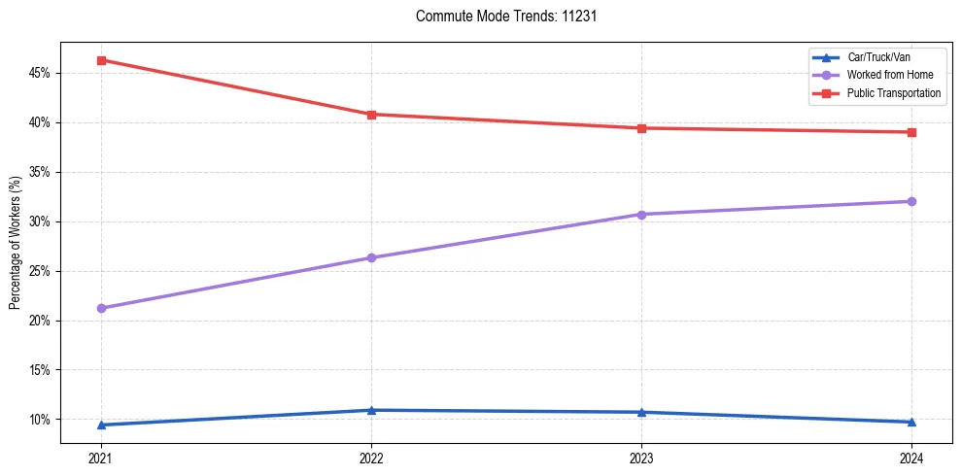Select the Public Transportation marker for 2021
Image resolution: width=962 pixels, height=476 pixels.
pos(101,60)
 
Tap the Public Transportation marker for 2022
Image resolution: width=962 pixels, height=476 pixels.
pos(371,115)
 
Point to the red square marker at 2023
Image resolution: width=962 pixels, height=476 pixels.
pos(641,128)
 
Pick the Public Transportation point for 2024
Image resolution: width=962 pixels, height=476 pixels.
pos(911,132)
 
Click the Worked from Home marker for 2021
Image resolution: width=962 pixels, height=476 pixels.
pos(101,308)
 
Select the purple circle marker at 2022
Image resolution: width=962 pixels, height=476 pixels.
pos(371,257)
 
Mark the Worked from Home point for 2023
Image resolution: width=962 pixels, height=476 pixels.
pos(641,214)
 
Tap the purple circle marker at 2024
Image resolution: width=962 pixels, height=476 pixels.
pos(911,201)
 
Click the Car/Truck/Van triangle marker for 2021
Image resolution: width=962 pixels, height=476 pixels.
pos(101,425)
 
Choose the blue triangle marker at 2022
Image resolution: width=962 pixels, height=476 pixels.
pos(371,410)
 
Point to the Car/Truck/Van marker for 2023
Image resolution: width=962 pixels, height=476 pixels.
pos(641,412)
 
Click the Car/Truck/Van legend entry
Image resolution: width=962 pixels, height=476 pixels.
pos(876,57)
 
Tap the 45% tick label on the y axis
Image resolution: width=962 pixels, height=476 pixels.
pos(42,73)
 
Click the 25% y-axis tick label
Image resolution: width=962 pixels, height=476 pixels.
pos(42,271)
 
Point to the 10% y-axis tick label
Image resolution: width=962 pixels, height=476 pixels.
pos(42,420)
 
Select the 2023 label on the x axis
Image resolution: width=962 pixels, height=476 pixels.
pos(641,458)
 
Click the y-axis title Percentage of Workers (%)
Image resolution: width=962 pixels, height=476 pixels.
pos(16,243)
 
